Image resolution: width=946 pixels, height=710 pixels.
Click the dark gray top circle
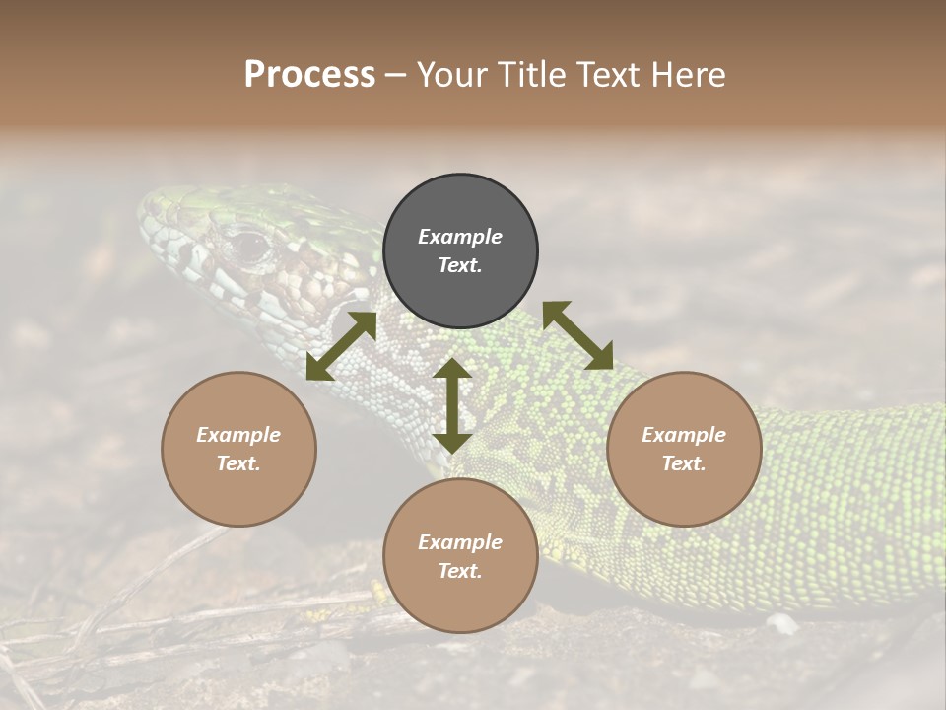(x=460, y=251)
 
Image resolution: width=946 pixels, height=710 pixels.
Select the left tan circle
(x=238, y=449)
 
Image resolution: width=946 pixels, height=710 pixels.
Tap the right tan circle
(x=684, y=449)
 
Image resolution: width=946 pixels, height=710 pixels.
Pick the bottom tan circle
(x=460, y=556)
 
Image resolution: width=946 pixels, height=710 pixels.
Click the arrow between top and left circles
(x=341, y=346)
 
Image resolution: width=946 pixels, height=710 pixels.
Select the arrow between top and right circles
(x=577, y=335)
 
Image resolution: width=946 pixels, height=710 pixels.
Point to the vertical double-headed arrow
(x=452, y=405)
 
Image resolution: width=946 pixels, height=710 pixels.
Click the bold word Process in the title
(x=309, y=74)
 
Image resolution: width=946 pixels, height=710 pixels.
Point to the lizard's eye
(x=249, y=243)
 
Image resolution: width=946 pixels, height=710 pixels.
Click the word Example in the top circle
(x=460, y=237)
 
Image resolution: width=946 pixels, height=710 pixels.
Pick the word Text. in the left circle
(x=238, y=463)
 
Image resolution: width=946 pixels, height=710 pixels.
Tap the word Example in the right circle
(x=684, y=435)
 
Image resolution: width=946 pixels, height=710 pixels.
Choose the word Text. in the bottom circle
(x=460, y=571)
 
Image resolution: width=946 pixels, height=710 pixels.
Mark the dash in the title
(x=395, y=75)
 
